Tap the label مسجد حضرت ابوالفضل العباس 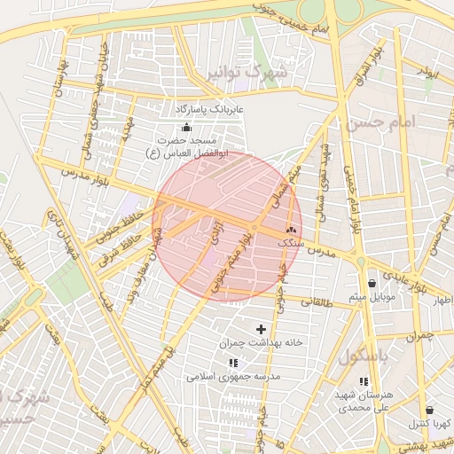189,147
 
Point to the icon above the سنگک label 292,229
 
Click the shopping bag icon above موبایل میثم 371,283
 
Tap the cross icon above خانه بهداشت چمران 261,329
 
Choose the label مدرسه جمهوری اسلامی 233,376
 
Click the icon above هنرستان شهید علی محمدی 364,381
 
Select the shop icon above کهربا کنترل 430,411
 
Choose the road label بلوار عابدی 411,284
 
